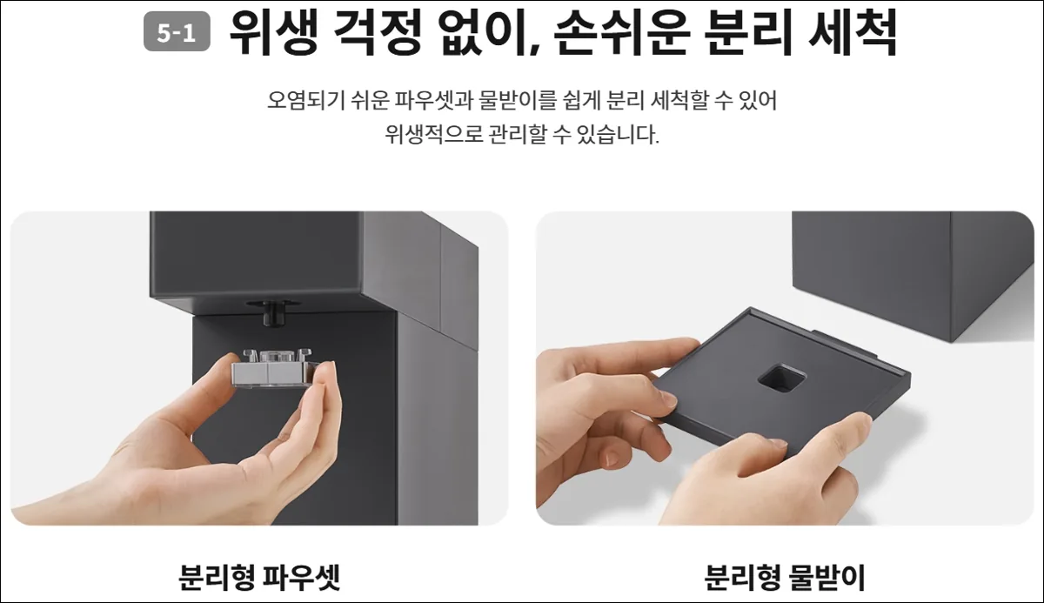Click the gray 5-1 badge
(x=177, y=31)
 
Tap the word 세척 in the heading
(x=853, y=32)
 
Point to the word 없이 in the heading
(x=484, y=32)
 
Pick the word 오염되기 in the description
(x=305, y=100)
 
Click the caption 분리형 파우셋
(x=259, y=578)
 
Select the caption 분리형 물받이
(x=785, y=578)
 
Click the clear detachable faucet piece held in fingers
(x=272, y=369)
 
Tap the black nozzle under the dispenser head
(x=273, y=313)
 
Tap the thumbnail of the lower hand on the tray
(x=778, y=445)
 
